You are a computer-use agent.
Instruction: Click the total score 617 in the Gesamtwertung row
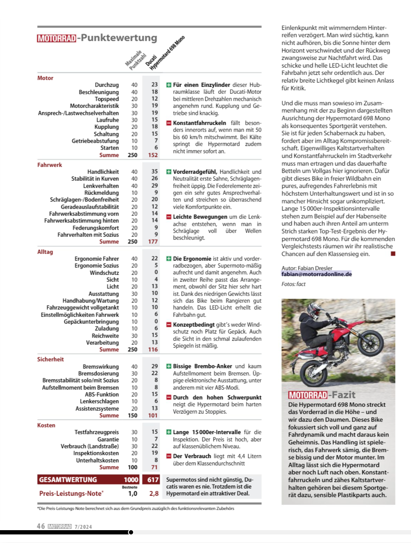point(153,480)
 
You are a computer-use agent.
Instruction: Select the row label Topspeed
point(107,99)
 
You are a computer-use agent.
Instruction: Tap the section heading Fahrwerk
point(49,165)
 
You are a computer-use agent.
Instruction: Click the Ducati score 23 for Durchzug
point(155,85)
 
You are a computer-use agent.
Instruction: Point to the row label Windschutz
point(104,273)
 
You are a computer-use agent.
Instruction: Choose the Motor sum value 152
point(153,155)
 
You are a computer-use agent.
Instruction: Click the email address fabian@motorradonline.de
point(316,274)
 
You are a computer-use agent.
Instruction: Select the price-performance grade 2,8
point(154,493)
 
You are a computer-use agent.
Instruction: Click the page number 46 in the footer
point(41,526)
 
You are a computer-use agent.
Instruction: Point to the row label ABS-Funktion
point(101,394)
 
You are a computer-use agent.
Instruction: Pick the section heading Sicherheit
point(50,359)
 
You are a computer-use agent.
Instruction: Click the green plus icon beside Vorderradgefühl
point(169,172)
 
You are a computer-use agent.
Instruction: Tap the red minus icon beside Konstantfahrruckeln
point(169,123)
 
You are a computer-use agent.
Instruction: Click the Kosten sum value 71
point(154,467)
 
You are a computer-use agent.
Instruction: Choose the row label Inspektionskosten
point(96,453)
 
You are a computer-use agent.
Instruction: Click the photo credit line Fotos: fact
point(293,284)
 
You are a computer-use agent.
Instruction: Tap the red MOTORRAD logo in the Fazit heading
point(308,395)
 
